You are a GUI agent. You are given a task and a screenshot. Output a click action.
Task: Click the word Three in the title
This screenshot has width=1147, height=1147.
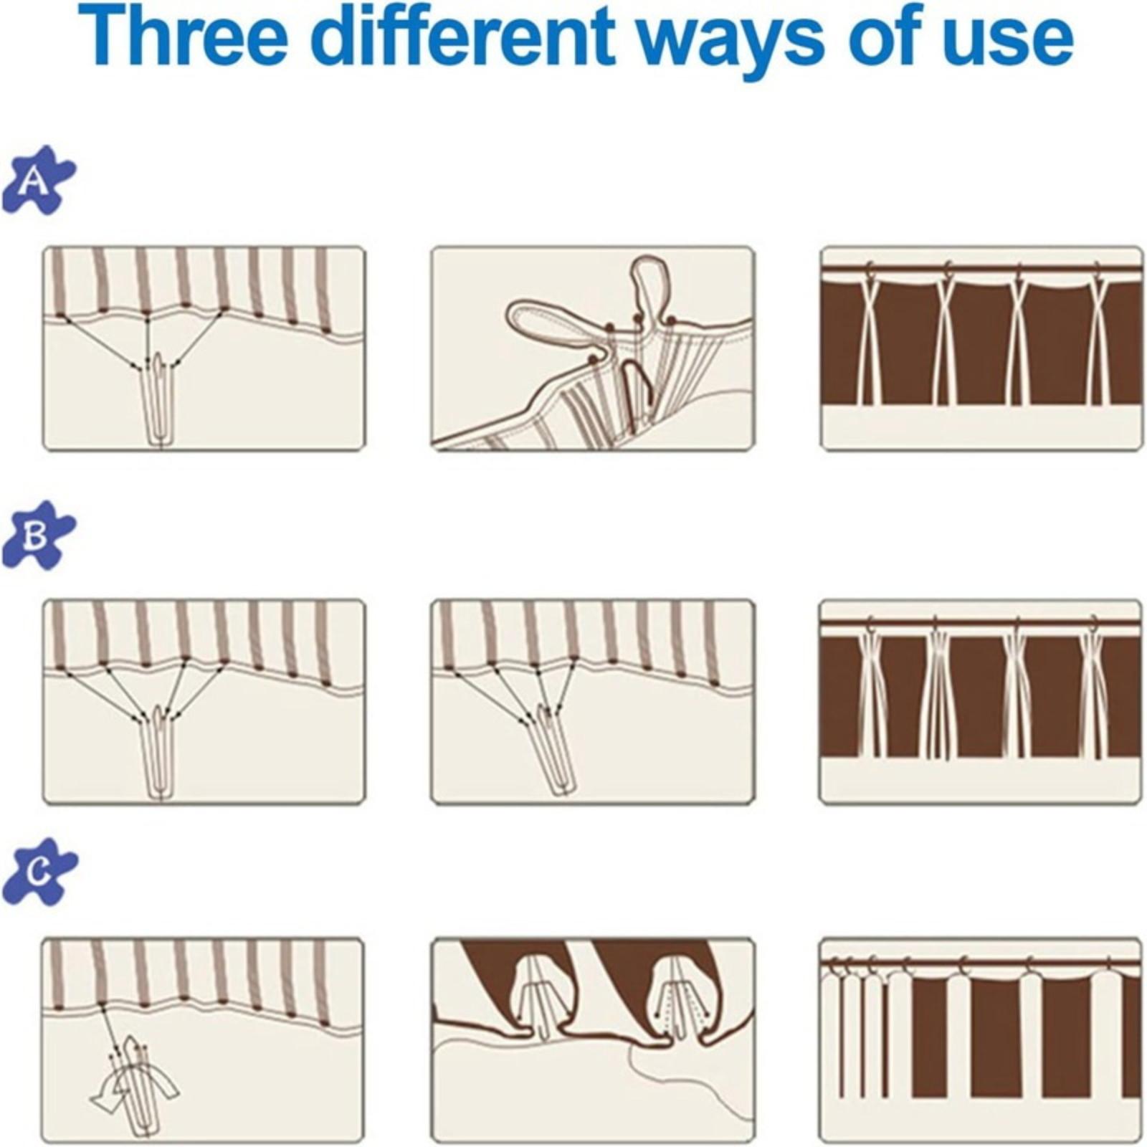(x=184, y=35)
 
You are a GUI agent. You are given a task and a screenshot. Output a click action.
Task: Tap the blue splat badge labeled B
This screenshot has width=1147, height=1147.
(x=37, y=536)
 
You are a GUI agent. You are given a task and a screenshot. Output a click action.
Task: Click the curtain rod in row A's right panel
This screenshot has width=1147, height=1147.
(x=981, y=270)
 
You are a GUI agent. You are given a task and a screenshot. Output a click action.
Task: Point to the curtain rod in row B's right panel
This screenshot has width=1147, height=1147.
(x=980, y=623)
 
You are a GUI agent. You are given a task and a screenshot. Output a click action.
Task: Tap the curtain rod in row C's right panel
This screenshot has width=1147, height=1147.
(x=980, y=962)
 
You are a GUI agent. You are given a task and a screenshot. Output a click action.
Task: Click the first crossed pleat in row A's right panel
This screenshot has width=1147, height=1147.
(x=874, y=337)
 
